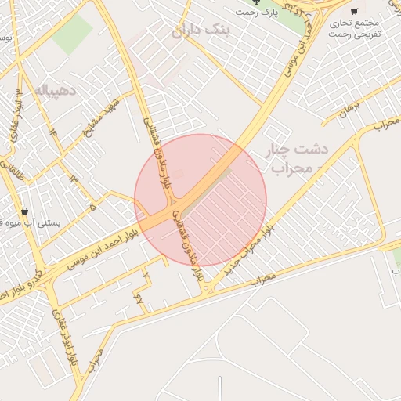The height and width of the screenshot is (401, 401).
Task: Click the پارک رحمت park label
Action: [258, 13]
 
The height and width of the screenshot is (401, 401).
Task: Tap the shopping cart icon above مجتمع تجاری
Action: [354, 11]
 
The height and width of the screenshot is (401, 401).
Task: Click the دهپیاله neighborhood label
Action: [55, 90]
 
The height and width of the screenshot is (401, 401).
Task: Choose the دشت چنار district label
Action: [301, 149]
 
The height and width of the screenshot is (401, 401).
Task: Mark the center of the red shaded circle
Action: [200, 200]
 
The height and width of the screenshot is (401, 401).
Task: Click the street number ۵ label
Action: [93, 208]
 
